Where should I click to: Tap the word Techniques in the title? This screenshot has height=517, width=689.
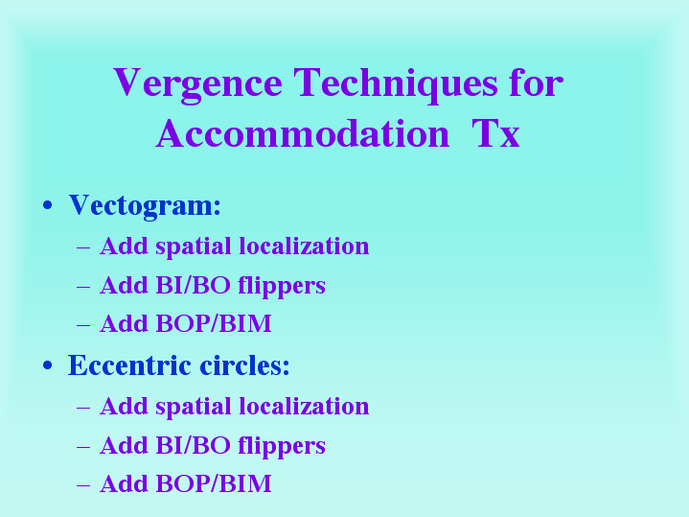396,83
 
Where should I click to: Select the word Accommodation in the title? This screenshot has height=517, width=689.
303,133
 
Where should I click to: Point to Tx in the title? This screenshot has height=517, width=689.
495,133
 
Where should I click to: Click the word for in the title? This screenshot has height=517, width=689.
537,82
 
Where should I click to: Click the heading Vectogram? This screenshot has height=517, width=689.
145,206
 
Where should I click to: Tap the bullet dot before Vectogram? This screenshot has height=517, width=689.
48,205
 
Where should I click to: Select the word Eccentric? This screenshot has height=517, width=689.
129,365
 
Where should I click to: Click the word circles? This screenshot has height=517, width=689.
244,365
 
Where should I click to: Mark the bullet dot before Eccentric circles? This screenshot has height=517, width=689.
48,365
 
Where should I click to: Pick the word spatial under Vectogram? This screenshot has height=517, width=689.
194,247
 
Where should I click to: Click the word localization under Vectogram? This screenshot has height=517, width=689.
304,246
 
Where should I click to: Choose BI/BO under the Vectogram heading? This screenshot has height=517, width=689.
194,285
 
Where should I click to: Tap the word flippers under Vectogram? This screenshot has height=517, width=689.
282,286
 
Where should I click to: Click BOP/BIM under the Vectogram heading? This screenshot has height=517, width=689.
214,324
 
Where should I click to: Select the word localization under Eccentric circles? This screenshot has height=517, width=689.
304,406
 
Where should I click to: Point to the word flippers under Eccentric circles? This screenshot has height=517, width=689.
282,446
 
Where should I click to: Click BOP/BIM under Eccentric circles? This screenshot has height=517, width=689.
214,484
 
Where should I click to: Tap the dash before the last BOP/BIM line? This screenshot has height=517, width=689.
83,485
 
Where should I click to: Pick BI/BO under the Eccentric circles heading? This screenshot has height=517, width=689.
194,445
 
